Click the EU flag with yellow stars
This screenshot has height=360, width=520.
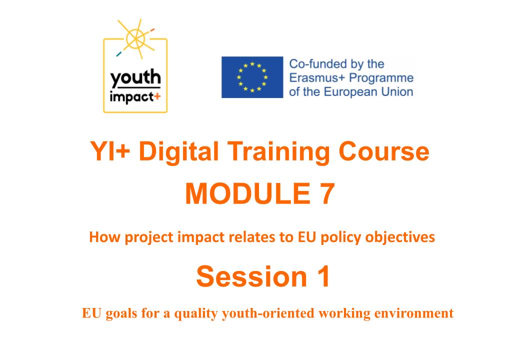click(x=252, y=77)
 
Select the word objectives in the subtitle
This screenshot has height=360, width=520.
click(x=403, y=236)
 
